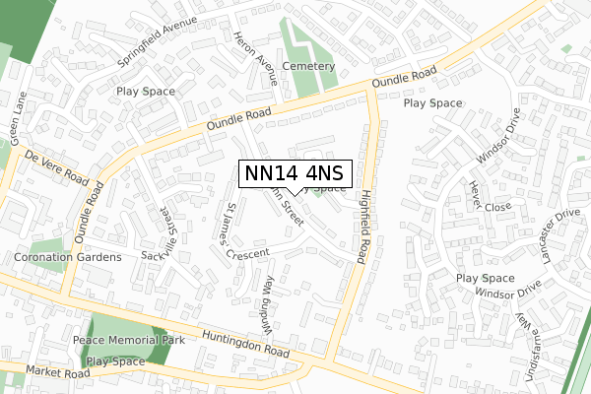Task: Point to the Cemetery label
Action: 309,67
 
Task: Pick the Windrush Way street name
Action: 265,303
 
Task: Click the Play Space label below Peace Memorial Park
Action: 115,361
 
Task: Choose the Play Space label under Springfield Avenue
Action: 145,92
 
